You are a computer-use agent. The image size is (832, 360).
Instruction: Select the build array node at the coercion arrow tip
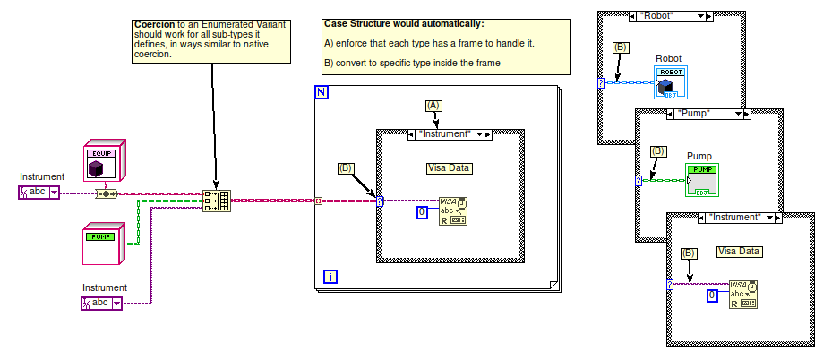pyautogui.click(x=216, y=201)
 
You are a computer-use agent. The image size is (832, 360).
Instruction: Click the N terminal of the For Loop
pyautogui.click(x=322, y=92)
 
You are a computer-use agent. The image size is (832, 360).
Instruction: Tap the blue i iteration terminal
pyautogui.click(x=330, y=278)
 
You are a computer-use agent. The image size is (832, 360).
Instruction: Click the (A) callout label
pyautogui.click(x=434, y=106)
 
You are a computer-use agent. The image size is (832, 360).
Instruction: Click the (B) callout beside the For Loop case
pyautogui.click(x=346, y=167)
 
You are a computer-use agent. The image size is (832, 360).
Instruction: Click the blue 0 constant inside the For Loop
pyautogui.click(x=423, y=212)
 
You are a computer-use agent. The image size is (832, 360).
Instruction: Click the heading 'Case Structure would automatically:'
pyautogui.click(x=404, y=23)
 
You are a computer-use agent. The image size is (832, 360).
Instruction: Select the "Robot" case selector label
pyautogui.click(x=670, y=15)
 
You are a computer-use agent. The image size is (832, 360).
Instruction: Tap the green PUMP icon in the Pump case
pyautogui.click(x=703, y=180)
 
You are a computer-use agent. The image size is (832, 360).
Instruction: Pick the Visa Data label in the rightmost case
pyautogui.click(x=739, y=251)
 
